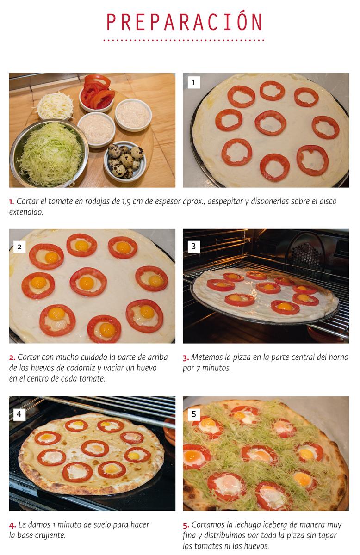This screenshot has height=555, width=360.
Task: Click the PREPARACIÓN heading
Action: pos(184,23)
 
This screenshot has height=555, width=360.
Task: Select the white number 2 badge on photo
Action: pos(19,247)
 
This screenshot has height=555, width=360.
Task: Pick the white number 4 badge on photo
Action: pos(19,414)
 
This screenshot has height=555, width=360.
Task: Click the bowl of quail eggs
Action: pos(124,160)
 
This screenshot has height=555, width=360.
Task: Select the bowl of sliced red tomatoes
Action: pos(97,93)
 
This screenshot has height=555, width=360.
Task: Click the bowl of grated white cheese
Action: pos(55,105)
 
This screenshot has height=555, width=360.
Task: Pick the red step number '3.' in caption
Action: pos(186,358)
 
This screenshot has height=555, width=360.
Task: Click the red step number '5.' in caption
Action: pos(186,525)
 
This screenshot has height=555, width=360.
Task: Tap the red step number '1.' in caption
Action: pos(12,202)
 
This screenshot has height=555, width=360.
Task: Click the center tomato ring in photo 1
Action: pos(270,123)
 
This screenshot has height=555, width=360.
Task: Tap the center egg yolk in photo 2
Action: pos(87,283)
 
